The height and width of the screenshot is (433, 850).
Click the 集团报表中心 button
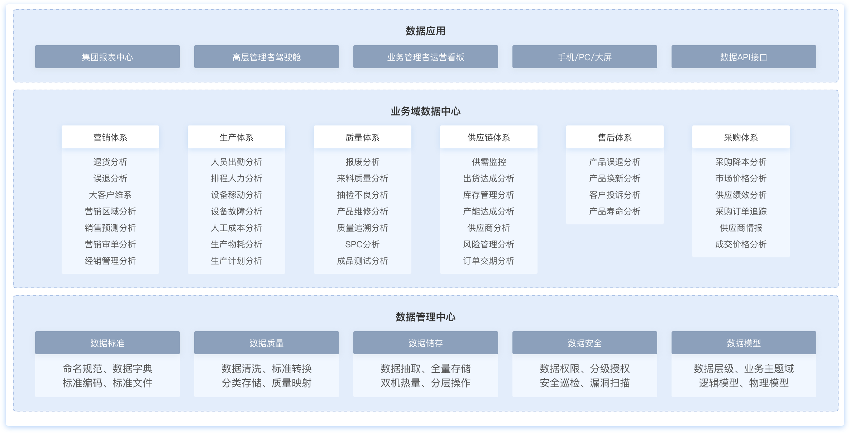tap(108, 57)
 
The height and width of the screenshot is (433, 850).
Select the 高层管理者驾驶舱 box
tap(267, 57)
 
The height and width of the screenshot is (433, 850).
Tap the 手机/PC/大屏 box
tap(585, 57)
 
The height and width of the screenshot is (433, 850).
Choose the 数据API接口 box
tap(744, 57)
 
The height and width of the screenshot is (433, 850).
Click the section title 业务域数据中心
tap(426, 111)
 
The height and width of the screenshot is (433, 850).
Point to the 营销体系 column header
tap(110, 137)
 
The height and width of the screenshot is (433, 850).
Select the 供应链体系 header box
tap(489, 137)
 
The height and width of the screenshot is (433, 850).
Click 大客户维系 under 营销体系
tap(110, 195)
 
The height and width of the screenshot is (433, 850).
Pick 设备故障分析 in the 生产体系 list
tap(237, 211)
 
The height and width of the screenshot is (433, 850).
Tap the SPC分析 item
tap(363, 244)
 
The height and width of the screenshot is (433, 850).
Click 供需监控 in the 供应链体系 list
tap(489, 162)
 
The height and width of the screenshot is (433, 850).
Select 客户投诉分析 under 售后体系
tap(615, 195)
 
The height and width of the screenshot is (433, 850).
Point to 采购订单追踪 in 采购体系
tap(741, 211)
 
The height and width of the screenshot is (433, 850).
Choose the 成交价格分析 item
tap(741, 244)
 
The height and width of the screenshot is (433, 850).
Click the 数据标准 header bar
tap(108, 343)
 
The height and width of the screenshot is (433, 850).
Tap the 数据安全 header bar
tap(585, 343)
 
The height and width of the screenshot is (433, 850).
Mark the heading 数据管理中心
tap(426, 317)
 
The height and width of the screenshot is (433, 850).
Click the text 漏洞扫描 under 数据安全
tap(610, 383)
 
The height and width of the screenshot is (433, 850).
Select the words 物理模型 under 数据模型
tap(769, 383)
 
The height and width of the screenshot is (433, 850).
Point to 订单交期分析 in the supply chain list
tap(489, 261)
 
